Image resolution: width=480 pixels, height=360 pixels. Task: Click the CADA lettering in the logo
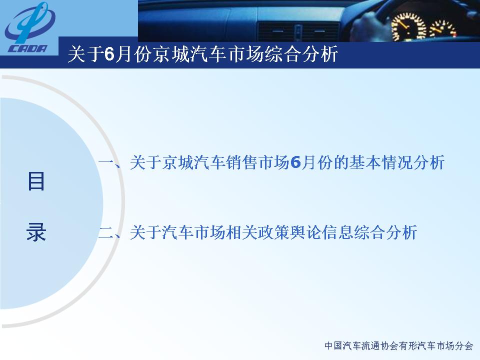click(x=27, y=48)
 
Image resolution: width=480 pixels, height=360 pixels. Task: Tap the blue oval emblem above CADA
click(x=30, y=23)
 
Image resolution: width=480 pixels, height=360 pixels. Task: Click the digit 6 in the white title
click(x=109, y=54)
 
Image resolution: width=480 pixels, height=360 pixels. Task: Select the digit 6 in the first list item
click(x=295, y=162)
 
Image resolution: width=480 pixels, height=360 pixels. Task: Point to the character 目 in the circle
click(x=36, y=181)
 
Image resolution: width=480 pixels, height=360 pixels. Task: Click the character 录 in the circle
click(x=36, y=231)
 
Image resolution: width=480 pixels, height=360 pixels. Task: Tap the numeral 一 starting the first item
click(x=106, y=162)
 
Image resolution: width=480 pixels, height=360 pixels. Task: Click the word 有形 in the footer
click(x=408, y=346)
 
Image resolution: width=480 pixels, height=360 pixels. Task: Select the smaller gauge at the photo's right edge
click(x=443, y=29)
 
